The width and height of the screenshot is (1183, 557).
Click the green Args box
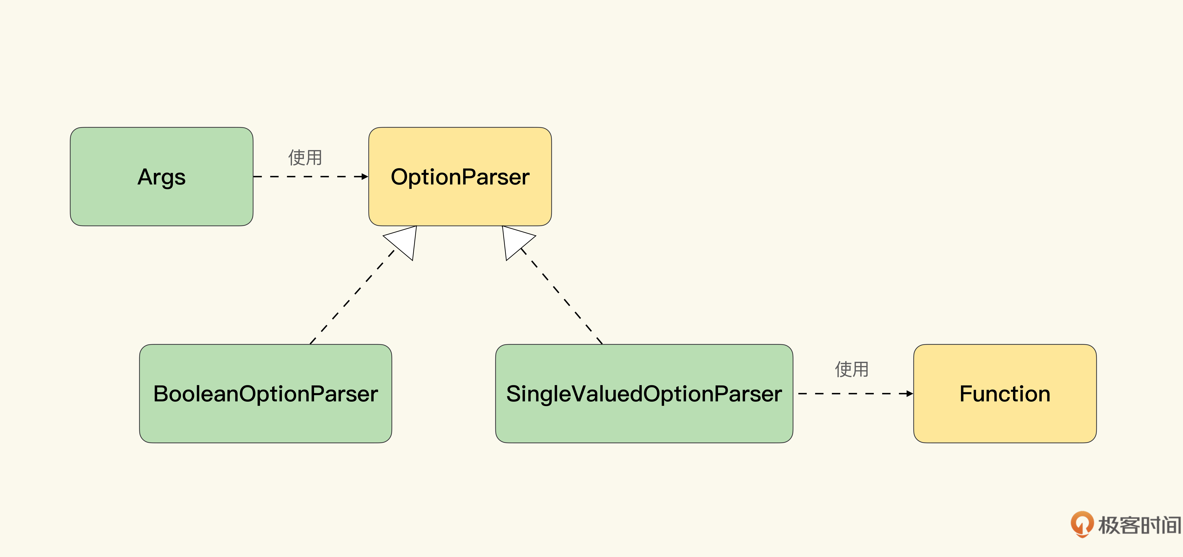click(162, 177)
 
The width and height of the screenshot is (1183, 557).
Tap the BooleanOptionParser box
click(265, 393)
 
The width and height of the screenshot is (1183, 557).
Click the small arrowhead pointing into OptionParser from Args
click(365, 177)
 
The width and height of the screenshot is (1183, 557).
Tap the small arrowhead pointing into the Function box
click(910, 393)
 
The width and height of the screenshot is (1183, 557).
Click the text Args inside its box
click(162, 177)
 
